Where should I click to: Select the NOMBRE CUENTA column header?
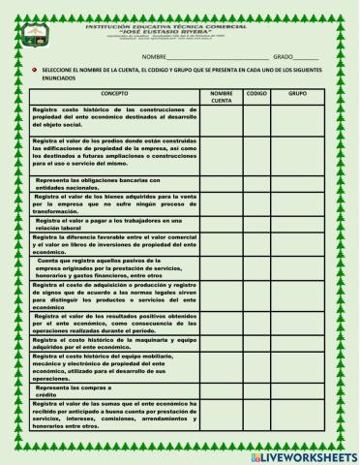click(x=222, y=97)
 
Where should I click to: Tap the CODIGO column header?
click(x=256, y=94)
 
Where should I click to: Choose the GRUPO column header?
click(x=298, y=94)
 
